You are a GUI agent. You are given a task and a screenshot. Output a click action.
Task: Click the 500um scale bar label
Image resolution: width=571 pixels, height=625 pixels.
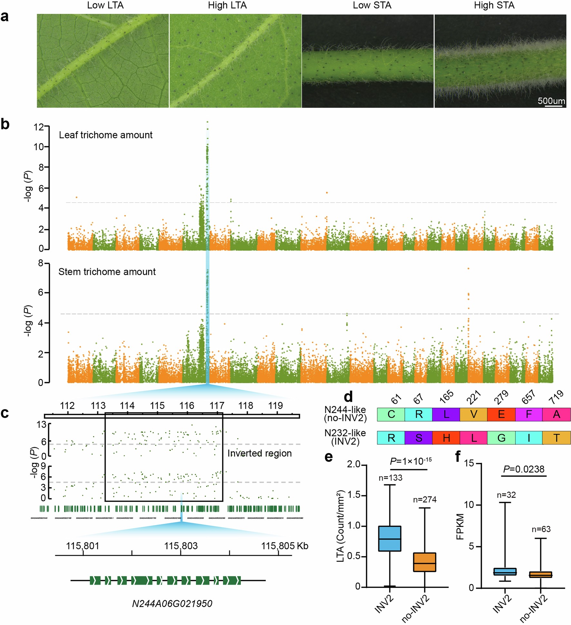tap(551, 101)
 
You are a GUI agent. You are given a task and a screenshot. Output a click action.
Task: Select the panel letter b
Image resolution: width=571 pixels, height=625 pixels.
tap(5, 125)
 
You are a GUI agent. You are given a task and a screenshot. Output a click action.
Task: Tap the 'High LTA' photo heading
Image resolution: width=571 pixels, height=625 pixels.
tap(227, 5)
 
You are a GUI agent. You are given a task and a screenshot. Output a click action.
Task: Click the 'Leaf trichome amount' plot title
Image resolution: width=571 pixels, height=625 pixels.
tap(105, 135)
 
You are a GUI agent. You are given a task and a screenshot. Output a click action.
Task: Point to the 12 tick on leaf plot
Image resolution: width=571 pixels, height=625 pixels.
tap(38, 127)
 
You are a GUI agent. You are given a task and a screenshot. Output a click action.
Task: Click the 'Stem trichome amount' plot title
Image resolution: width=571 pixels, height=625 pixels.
tap(107, 272)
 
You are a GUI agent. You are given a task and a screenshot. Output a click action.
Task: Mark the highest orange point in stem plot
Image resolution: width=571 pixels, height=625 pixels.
tap(468, 268)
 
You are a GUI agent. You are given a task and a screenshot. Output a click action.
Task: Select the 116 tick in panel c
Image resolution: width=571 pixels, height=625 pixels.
tap(187, 406)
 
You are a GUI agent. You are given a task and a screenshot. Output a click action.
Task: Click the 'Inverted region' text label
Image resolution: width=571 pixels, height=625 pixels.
tap(259, 453)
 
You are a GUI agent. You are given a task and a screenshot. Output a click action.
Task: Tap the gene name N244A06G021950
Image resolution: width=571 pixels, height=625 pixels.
tap(172, 603)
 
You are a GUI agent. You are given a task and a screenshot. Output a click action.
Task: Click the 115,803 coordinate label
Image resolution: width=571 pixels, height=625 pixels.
tap(180, 546)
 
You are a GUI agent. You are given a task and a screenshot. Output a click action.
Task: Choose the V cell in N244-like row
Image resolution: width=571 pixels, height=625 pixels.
tap(473, 414)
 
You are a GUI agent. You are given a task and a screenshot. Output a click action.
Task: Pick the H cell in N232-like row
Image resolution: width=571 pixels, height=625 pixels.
tap(446, 438)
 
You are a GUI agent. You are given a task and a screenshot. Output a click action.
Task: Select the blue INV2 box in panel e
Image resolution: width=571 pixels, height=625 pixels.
tap(390, 538)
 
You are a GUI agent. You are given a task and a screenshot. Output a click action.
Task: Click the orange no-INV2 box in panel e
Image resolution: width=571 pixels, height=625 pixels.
tap(424, 562)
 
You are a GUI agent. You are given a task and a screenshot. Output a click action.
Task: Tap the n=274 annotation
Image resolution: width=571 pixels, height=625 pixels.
tap(425, 500)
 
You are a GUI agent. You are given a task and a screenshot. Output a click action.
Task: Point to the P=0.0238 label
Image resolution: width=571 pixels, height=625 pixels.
tap(524, 469)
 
